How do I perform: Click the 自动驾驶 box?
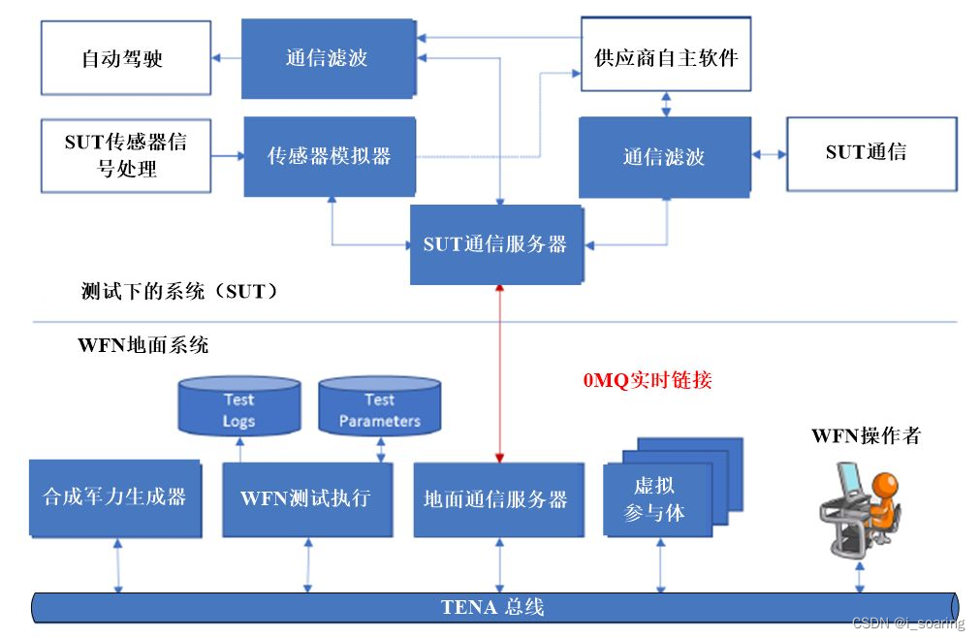tap(125, 59)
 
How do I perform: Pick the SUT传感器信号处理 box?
tap(125, 156)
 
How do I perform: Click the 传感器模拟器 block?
tap(329, 156)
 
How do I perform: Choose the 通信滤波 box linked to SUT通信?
tap(663, 156)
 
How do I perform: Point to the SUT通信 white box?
tap(865, 153)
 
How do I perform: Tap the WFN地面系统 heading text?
tap(142, 345)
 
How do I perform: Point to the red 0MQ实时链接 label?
tap(647, 380)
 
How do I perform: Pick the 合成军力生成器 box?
tap(114, 498)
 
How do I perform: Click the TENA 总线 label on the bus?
tap(491, 608)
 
